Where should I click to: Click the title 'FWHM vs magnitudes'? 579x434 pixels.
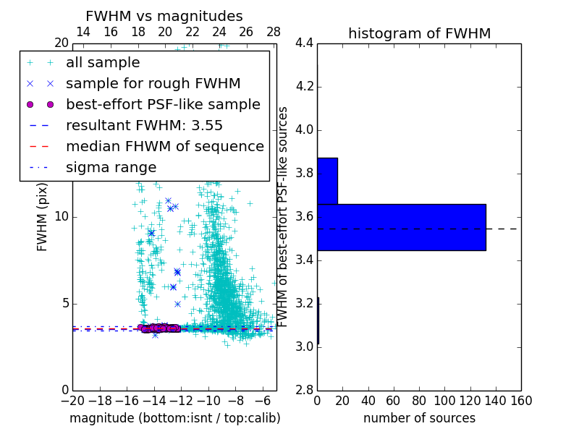[x=164, y=16]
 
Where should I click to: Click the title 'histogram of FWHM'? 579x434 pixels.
[x=419, y=33]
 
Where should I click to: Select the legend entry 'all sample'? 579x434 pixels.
[x=103, y=63]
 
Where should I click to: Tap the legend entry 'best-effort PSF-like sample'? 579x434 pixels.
[x=163, y=104]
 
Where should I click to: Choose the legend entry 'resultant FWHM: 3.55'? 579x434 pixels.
[x=144, y=125]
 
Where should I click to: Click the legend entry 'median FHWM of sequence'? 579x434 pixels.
[x=164, y=146]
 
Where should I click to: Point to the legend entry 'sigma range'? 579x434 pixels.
[x=111, y=167]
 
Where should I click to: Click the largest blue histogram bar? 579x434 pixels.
[x=401, y=227]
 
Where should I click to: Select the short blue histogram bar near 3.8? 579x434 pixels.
[x=327, y=181]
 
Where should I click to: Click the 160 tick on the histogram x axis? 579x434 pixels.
[x=521, y=401]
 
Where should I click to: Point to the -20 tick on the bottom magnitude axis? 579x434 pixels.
[x=72, y=401]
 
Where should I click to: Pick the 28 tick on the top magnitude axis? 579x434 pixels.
[x=274, y=32]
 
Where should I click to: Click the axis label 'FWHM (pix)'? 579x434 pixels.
[x=43, y=217]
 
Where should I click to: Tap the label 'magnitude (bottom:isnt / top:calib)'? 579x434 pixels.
[x=174, y=418]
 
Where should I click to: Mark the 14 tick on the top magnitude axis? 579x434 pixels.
[x=83, y=32]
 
